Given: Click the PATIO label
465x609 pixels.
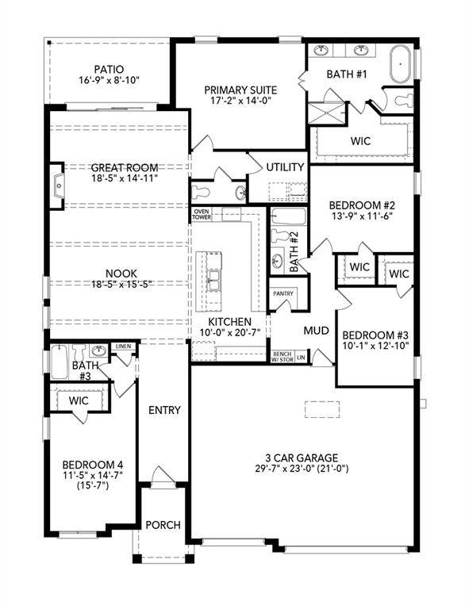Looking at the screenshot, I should coord(108,68).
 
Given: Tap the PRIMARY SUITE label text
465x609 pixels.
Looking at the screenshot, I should coord(238,90).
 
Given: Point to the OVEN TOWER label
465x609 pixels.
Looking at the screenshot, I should coord(200,214).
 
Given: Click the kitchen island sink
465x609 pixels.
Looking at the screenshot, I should coord(213,278).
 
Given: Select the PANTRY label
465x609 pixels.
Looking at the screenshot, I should coord(283,293).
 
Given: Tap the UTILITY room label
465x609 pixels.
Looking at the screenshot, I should coord(285,167).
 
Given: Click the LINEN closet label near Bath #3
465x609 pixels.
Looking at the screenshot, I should coord(122,347).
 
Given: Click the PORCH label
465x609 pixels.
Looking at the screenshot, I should coord(163,525).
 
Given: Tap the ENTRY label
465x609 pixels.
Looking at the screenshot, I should coord(164,410).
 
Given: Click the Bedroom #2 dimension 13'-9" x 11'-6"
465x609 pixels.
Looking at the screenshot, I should coord(362,216).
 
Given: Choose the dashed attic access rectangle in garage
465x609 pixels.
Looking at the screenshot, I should coord(323,408).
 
